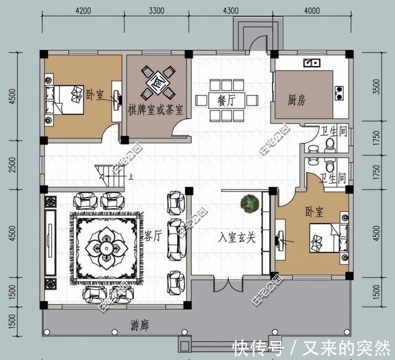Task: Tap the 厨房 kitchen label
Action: tap(297, 99)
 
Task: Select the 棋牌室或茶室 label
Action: tap(155, 111)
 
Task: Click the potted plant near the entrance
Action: tap(249, 203)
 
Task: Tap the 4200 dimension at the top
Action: tap(84, 10)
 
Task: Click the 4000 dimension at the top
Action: tap(311, 10)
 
